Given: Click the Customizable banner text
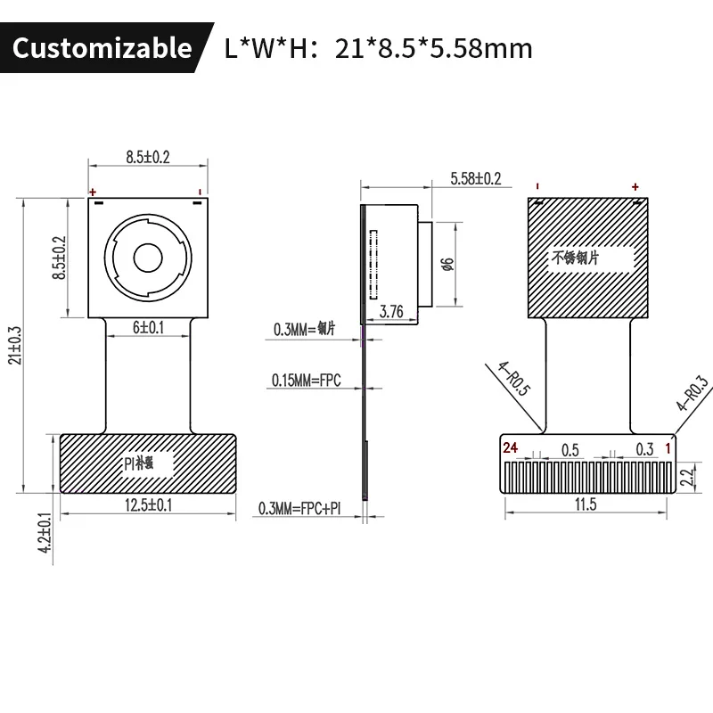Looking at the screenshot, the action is (102, 48).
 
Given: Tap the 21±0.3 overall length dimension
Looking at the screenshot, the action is (15, 345).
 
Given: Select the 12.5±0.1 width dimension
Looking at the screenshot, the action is (149, 505).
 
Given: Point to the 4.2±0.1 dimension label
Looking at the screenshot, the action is (45, 532).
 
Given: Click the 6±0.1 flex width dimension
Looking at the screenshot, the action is (148, 327).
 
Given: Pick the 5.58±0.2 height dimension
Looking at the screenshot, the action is (476, 179).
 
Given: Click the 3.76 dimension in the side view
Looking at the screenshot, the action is (391, 312).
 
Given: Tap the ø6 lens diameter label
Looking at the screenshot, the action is (448, 264).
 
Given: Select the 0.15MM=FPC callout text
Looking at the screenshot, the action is (306, 381).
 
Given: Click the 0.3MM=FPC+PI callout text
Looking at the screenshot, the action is (299, 508).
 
